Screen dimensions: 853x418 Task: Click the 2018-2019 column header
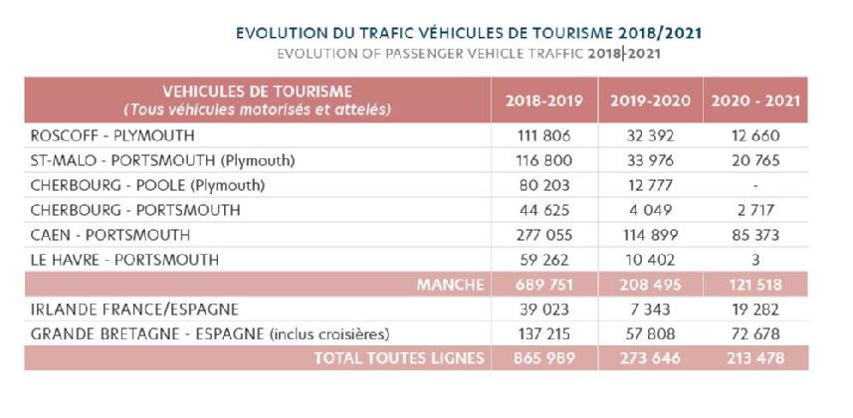point(544,101)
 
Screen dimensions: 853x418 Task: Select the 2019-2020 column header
point(650,101)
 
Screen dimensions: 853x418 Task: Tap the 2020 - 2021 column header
point(755,101)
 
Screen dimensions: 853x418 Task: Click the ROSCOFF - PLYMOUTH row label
point(112,135)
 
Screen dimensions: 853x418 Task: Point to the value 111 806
point(544,135)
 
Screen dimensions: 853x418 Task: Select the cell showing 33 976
point(650,160)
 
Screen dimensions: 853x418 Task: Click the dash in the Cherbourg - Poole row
point(755,186)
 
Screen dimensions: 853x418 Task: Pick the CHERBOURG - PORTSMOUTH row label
point(135,210)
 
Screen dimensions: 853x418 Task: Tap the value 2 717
point(755,210)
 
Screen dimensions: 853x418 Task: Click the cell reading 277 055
point(544,235)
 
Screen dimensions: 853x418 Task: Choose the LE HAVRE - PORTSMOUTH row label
point(124,260)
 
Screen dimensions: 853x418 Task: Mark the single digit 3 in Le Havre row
point(755,260)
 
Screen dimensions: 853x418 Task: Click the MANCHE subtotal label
point(450,285)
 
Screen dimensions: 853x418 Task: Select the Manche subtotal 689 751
point(544,285)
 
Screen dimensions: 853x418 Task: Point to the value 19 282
point(755,310)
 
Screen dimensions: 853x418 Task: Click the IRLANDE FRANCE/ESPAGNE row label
point(134,310)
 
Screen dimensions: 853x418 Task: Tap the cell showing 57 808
point(650,333)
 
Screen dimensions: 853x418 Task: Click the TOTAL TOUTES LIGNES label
point(399,358)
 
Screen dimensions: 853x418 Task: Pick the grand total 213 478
point(755,358)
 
